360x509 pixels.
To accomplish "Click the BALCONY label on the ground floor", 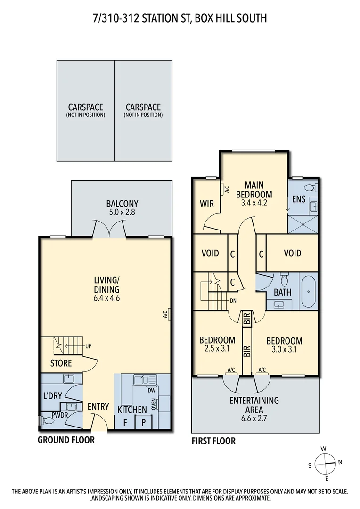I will point(122,204).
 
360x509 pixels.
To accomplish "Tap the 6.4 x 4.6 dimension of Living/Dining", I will point(106,298).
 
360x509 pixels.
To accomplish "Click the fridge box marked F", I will point(124,422).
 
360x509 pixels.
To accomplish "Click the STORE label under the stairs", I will point(61,363).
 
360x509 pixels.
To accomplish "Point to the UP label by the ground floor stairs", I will point(88,346).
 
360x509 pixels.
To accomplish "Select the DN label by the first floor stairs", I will point(233,300).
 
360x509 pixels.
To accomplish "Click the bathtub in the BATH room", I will point(309,292).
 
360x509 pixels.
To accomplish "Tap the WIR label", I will point(207,204).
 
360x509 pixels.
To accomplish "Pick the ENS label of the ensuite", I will point(299,199).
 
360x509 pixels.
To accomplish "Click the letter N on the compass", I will point(340,462).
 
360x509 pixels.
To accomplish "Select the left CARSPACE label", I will point(85,107).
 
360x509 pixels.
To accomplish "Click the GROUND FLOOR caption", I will point(66,440).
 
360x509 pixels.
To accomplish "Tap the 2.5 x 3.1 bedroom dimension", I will point(217,350).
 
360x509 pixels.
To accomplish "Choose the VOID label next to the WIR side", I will point(210,253).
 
